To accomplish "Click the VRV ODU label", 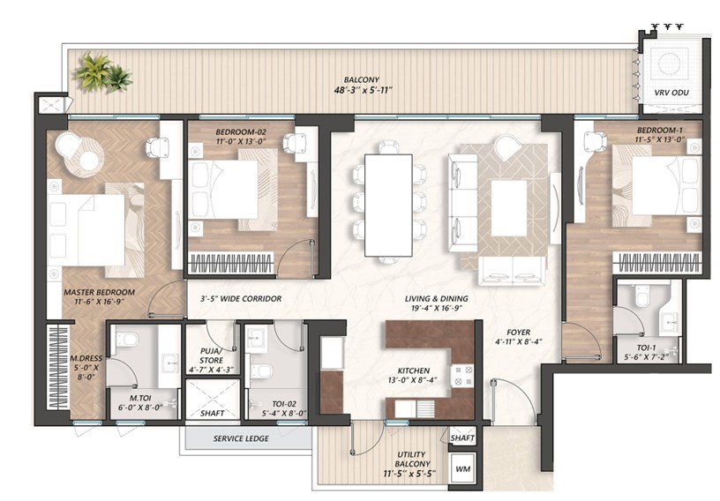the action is (671, 93).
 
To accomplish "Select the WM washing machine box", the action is (462, 469).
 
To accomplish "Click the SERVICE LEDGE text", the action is (241, 438).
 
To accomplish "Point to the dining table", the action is (388, 205).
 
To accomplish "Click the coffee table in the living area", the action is (509, 208).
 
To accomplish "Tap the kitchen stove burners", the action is (462, 376).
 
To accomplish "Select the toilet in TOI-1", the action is (641, 295).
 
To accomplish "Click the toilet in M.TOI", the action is (125, 340).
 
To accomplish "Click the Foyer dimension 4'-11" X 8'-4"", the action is (519, 341).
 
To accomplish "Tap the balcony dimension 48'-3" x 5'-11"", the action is (363, 90).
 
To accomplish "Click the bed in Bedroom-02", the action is (224, 189).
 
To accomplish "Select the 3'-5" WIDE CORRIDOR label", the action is (241, 299).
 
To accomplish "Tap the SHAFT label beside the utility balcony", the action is (462, 438).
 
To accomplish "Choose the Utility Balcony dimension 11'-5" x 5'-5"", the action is (409, 474).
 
